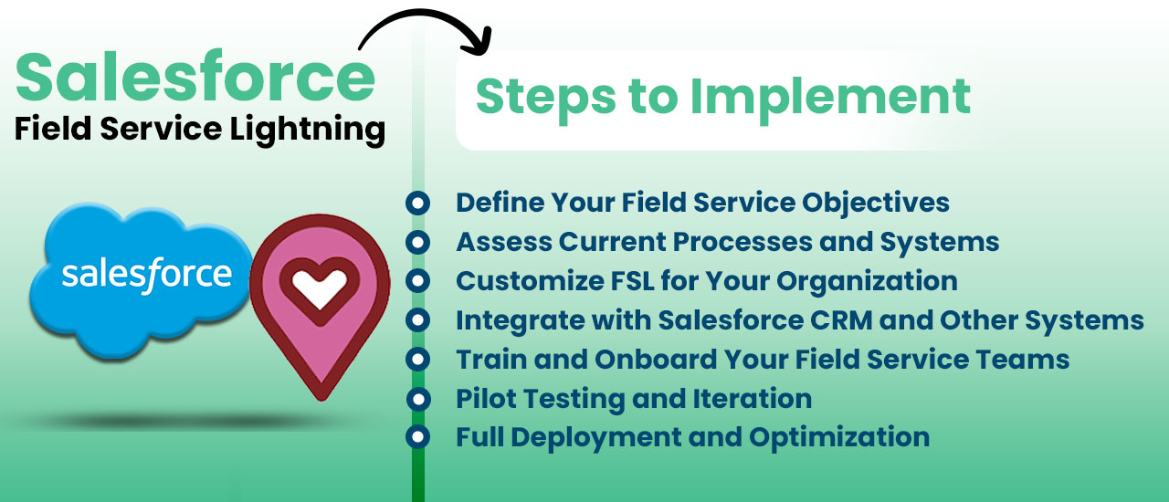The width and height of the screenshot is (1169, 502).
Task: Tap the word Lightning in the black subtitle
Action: pyautogui.click(x=308, y=130)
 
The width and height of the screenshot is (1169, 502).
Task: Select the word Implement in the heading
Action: pyautogui.click(x=830, y=98)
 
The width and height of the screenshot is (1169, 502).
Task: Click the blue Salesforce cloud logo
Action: pyautogui.click(x=141, y=280)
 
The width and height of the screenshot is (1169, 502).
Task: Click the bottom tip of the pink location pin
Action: pyautogui.click(x=321, y=399)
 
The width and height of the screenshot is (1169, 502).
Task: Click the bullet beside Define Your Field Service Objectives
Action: pyautogui.click(x=418, y=203)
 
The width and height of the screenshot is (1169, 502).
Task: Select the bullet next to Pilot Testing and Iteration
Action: pyautogui.click(x=418, y=400)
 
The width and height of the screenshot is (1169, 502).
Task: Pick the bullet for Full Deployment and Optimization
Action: pyautogui.click(x=418, y=437)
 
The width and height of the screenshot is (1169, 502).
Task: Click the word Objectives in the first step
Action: pyautogui.click(x=876, y=204)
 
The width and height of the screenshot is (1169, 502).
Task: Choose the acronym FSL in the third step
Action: pyautogui.click(x=633, y=281)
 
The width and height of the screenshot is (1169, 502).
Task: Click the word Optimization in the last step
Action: pyautogui.click(x=839, y=438)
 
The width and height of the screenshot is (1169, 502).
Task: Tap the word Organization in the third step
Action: pyautogui.click(x=868, y=282)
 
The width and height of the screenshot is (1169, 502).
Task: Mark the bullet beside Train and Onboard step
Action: pyautogui.click(x=418, y=360)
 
